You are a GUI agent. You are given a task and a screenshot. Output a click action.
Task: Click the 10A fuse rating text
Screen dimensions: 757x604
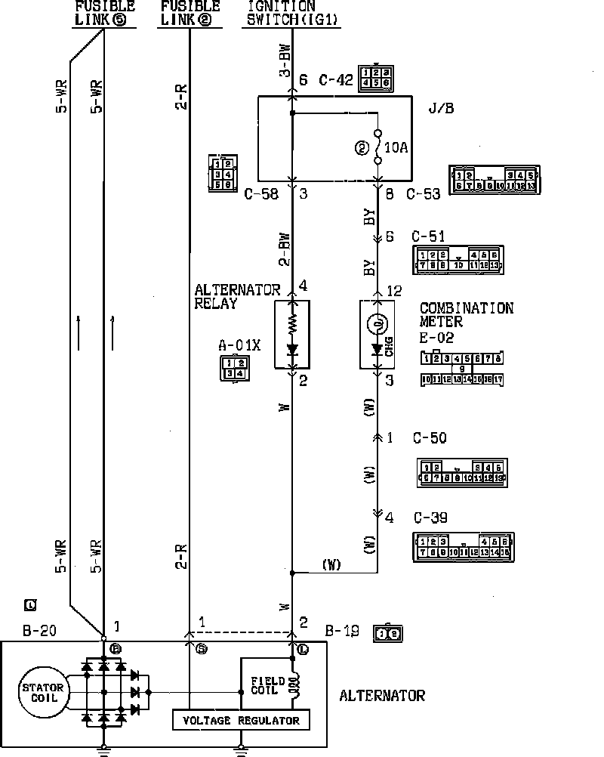pos(397,148)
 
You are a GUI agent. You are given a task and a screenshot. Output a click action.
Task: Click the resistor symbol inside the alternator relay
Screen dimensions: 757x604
pos(292,324)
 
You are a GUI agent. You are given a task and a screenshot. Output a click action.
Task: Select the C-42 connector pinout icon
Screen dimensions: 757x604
pos(376,78)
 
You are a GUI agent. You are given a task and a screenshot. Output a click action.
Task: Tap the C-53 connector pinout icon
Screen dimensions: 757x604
pos(495,180)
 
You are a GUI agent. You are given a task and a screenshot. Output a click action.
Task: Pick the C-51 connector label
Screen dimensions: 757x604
pos(428,237)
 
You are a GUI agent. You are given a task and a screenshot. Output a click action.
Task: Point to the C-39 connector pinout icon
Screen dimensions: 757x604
pos(464,547)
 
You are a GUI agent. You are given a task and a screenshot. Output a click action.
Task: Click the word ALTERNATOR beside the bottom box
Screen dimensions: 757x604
pos(382,696)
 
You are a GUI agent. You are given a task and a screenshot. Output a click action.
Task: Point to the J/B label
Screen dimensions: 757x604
pos(440,107)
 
